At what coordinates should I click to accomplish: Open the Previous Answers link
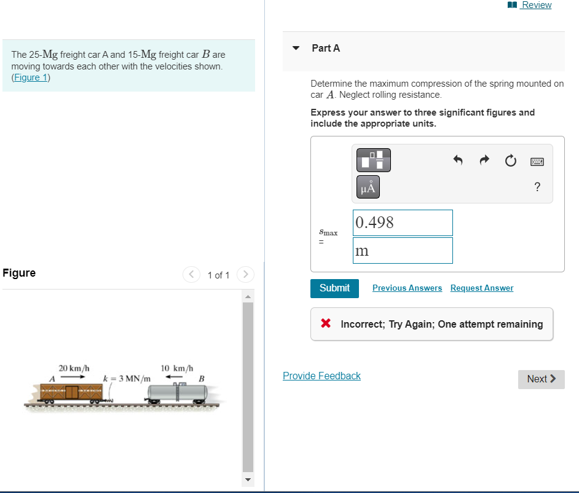point(407,288)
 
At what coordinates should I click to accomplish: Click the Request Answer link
point(481,288)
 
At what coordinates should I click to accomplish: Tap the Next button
point(541,379)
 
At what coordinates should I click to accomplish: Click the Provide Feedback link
point(321,376)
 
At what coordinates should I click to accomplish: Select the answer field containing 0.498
point(403,223)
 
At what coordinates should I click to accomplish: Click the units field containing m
point(403,251)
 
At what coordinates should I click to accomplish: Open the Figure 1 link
point(31,77)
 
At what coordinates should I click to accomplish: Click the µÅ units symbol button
point(368,187)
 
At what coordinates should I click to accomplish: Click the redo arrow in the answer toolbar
point(484,160)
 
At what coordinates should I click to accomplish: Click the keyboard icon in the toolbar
point(537,161)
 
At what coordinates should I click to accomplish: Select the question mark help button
point(537,187)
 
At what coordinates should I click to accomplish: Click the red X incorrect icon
point(326,324)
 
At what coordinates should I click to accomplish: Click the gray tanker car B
point(179,392)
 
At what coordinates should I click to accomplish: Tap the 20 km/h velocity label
point(74,368)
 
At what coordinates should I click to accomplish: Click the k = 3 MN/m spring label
point(127,378)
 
